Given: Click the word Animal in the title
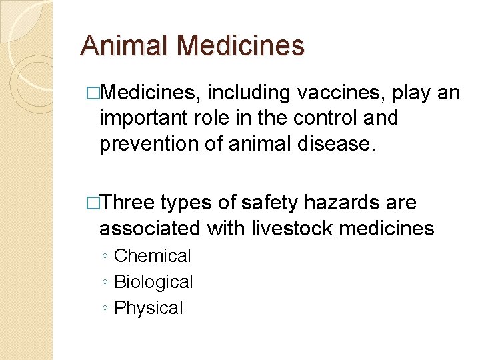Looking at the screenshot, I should (x=124, y=46).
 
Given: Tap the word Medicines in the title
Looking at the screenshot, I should (x=241, y=46).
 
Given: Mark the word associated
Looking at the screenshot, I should (x=149, y=228).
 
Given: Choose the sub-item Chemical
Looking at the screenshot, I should (x=153, y=256).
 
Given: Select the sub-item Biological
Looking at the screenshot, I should (x=154, y=282).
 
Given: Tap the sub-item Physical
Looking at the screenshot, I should (x=149, y=308).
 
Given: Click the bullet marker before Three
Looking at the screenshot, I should (x=93, y=203).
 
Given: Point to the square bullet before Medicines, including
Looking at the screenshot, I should (x=93, y=93).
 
